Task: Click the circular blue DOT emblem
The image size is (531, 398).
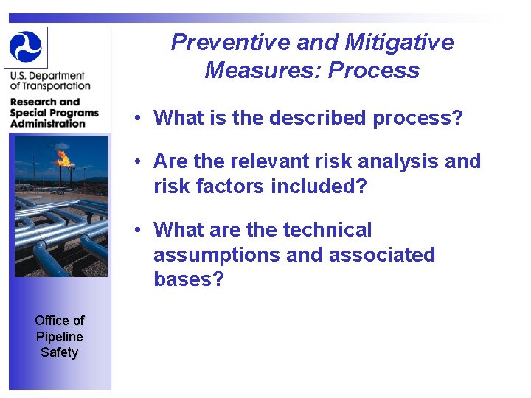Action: (26, 46)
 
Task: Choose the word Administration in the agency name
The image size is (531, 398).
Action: (48, 123)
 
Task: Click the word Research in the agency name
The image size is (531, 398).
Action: (35, 102)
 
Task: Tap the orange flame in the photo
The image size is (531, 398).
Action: (63, 157)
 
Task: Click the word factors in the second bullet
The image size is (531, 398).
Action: (229, 186)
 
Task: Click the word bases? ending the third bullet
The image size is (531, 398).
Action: (188, 280)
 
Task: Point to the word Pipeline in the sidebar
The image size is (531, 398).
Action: (60, 336)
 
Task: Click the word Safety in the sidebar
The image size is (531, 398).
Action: (60, 352)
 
